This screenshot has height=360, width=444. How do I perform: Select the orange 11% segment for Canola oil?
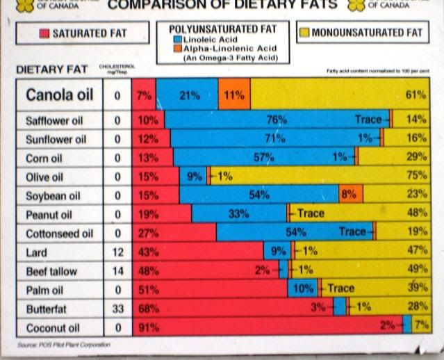234,95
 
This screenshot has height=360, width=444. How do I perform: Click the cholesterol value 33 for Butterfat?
117,306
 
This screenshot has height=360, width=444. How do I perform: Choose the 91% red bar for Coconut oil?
271,325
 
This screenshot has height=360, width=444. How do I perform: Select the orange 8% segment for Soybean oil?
351,195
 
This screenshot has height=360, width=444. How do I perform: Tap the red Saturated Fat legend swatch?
44,33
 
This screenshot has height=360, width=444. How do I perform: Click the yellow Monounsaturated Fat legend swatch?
304,33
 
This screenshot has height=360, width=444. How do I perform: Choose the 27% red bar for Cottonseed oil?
174,232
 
